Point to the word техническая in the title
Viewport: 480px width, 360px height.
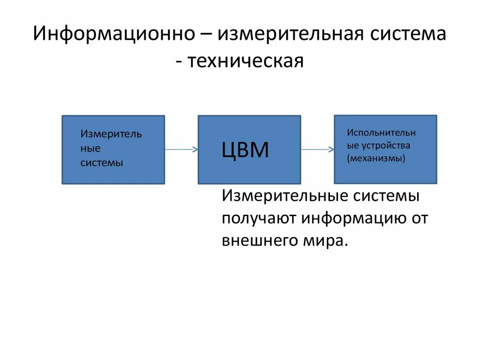(246, 61)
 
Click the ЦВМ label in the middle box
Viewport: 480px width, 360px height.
(245, 150)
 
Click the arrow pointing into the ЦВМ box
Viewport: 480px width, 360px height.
(181, 150)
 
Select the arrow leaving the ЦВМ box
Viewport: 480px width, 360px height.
(317, 150)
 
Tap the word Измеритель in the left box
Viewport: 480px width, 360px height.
(111, 134)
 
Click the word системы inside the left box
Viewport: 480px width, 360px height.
(102, 163)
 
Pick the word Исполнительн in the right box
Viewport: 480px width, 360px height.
(381, 133)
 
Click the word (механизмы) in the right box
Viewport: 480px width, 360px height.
(376, 158)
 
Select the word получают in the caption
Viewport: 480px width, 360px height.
(259, 218)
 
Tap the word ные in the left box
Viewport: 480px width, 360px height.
(90, 149)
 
